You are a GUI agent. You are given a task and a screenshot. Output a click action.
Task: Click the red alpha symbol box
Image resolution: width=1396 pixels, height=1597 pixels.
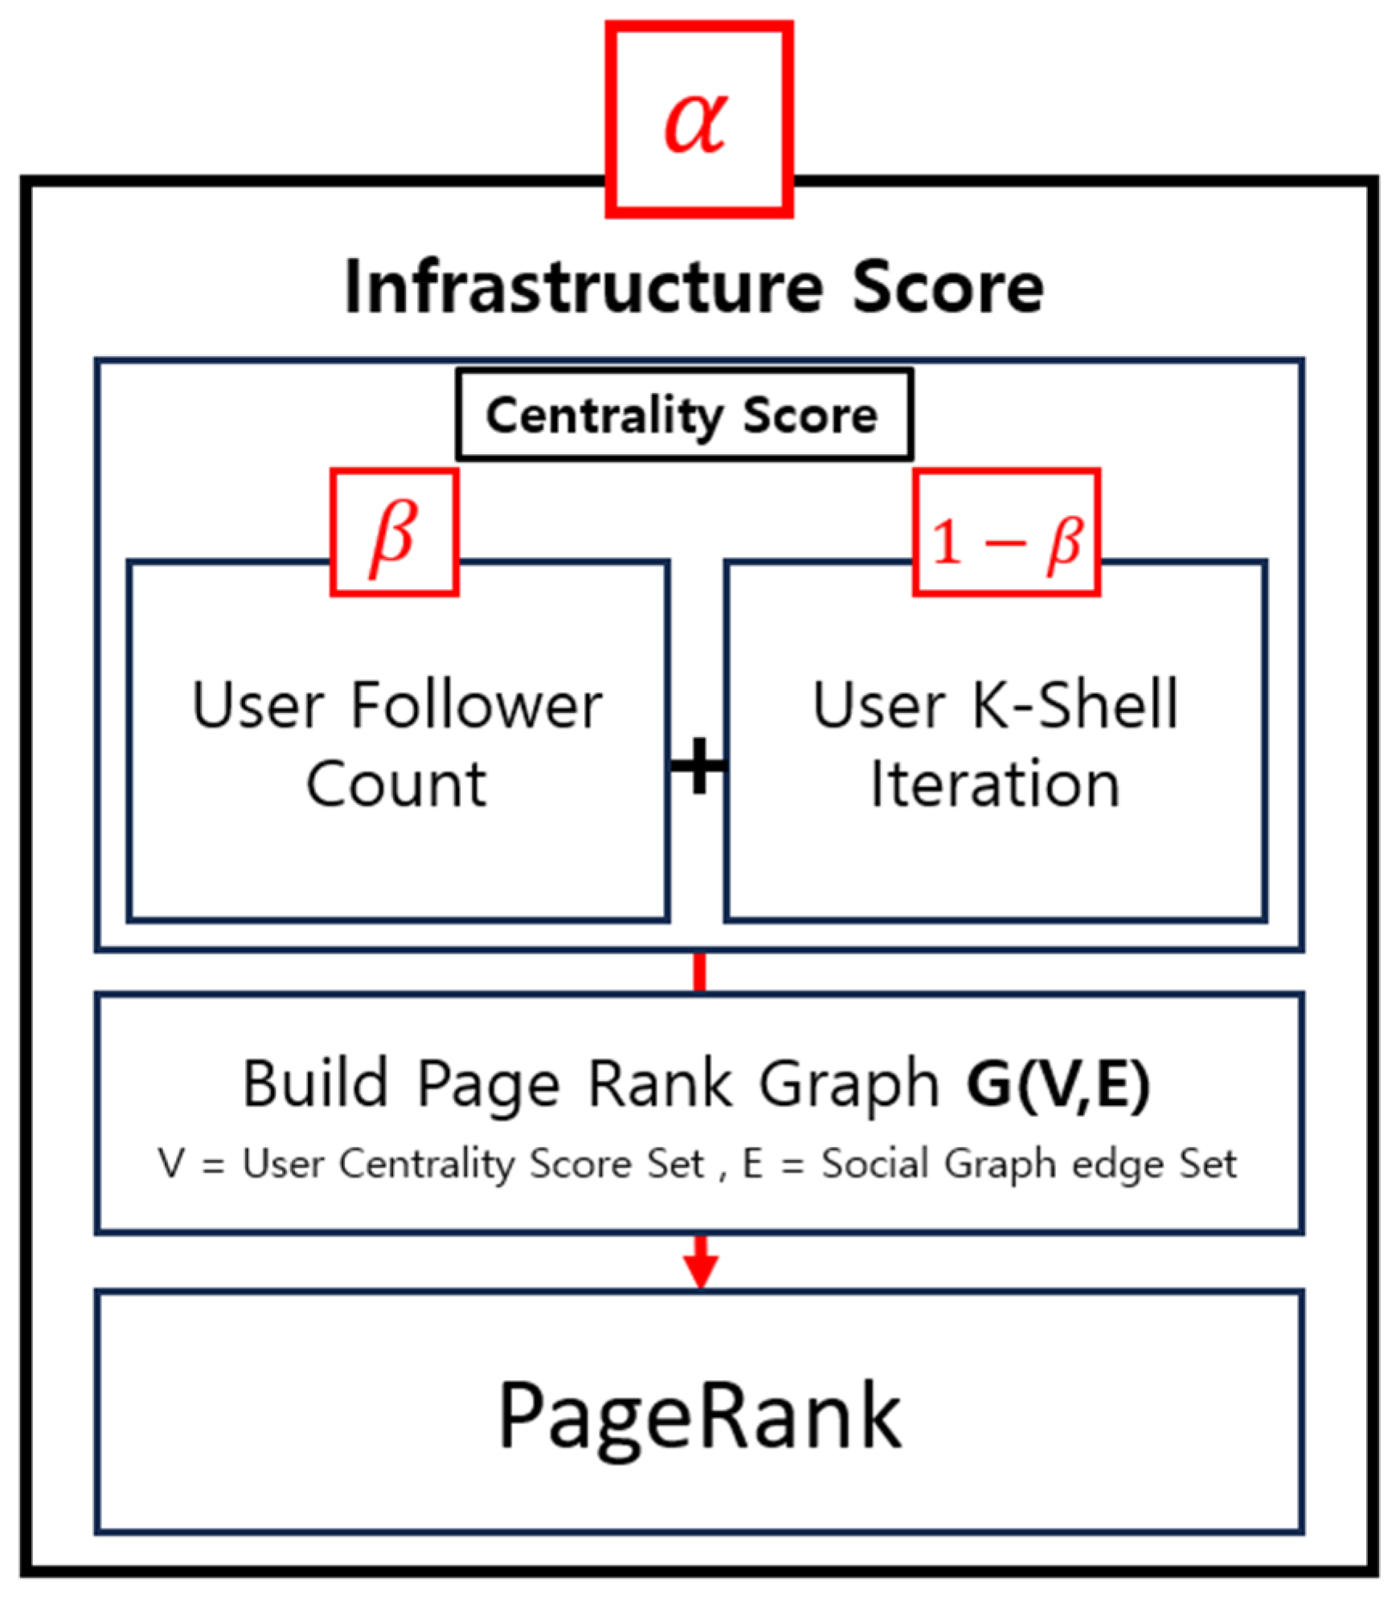tap(698, 120)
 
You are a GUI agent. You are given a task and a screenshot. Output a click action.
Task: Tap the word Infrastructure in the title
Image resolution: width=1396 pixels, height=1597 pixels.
tap(583, 288)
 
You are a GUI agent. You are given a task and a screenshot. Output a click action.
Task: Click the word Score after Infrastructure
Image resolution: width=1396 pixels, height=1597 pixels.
tap(948, 288)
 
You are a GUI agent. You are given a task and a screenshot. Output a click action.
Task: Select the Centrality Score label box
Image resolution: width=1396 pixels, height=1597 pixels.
tap(684, 416)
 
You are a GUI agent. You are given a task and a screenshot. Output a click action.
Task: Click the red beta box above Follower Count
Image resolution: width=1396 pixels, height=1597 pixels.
tap(394, 533)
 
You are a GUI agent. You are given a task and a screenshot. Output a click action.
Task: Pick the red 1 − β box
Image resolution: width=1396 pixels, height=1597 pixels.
tap(1006, 533)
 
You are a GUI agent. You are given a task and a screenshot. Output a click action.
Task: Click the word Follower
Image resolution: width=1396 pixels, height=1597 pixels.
tap(477, 706)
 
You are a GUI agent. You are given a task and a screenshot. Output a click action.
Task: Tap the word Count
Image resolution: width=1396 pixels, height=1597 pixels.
tap(396, 784)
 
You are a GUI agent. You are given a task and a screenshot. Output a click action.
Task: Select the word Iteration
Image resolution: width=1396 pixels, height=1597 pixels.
tap(995, 784)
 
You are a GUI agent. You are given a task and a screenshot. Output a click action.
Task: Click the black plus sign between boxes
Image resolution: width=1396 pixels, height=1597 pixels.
tap(698, 765)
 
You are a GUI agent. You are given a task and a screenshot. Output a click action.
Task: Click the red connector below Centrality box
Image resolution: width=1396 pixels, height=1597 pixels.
tap(699, 972)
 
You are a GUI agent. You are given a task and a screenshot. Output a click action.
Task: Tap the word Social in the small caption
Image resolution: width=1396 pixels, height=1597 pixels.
tap(875, 1164)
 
